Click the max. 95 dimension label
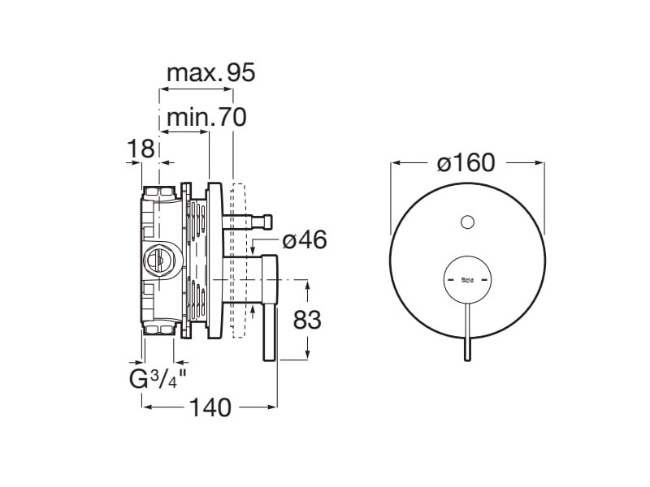[211, 73]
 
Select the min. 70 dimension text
[206, 117]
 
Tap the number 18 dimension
[141, 149]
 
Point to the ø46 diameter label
[305, 239]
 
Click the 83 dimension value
[307, 320]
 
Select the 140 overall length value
[210, 407]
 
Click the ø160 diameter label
[466, 162]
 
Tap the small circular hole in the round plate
[467, 222]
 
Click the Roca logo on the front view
[467, 280]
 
